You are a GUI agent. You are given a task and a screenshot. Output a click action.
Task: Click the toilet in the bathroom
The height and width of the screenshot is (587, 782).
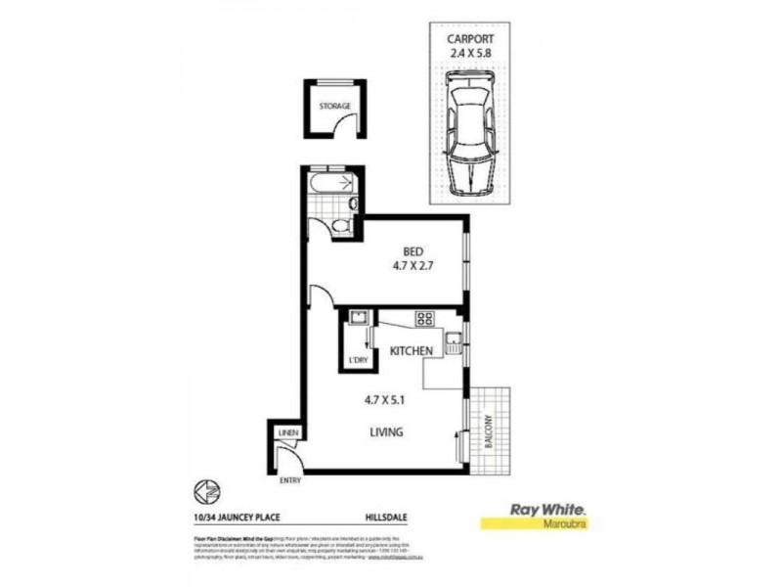pos(336,225)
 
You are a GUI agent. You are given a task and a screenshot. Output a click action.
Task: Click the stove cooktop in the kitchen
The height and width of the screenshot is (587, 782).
pos(424,317)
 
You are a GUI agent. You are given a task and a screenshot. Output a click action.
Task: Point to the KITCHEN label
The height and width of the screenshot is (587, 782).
pos(412,351)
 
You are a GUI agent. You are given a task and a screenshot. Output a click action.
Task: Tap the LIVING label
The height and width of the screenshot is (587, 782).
pos(388,431)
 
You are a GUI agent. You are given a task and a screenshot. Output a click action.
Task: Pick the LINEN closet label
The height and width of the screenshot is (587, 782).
pos(287,432)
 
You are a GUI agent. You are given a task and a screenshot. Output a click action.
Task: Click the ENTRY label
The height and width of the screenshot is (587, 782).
pos(290,480)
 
